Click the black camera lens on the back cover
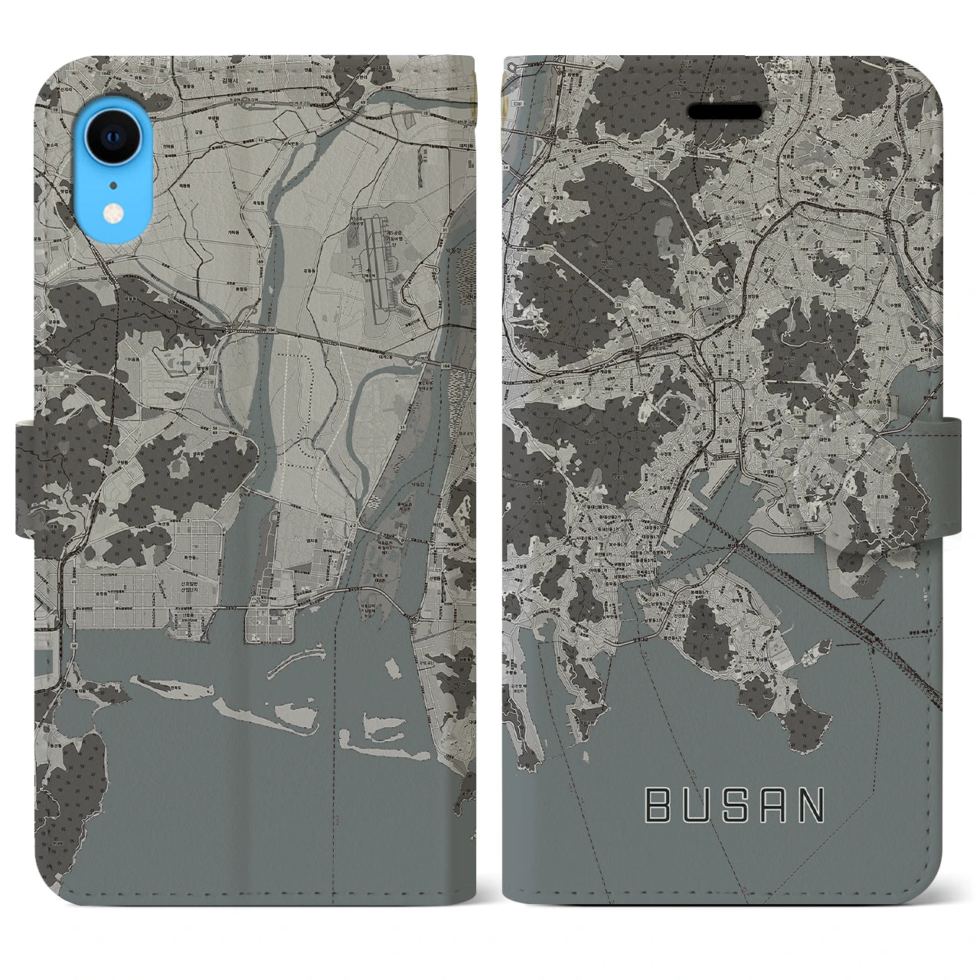click(x=112, y=138)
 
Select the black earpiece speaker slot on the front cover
click(x=724, y=113)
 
